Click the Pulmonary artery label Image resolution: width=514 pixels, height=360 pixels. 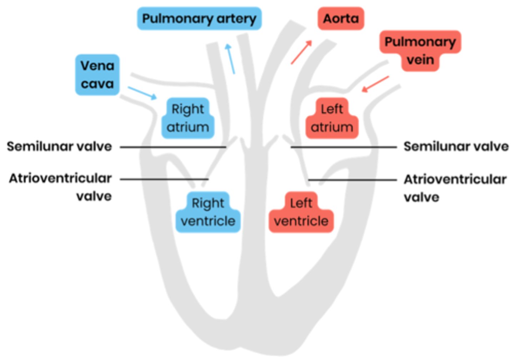[x=199, y=19]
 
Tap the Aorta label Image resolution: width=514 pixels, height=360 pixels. [x=341, y=19]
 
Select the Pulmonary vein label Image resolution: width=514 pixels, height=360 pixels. [x=420, y=50]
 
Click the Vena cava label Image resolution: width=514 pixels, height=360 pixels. [x=97, y=75]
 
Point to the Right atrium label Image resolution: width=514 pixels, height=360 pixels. [x=188, y=118]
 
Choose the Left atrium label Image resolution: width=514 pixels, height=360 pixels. [x=332, y=118]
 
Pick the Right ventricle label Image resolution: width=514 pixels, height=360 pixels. [x=208, y=212]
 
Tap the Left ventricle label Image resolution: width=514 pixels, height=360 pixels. [x=301, y=212]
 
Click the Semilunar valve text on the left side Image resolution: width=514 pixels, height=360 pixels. [x=59, y=146]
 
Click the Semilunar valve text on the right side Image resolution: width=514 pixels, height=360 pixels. [x=456, y=146]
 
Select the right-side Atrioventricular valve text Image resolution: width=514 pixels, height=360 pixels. [x=455, y=187]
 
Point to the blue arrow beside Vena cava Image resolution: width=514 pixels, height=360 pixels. [x=142, y=93]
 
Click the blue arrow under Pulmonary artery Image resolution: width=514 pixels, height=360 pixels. [x=230, y=59]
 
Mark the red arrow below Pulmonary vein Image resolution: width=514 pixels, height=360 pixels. [x=375, y=84]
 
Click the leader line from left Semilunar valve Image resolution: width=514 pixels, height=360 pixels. [x=173, y=147]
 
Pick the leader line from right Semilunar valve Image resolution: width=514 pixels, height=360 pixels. [x=344, y=147]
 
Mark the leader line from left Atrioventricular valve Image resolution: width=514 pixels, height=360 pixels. [x=164, y=179]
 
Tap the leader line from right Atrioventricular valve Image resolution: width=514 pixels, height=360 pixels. [x=352, y=180]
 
